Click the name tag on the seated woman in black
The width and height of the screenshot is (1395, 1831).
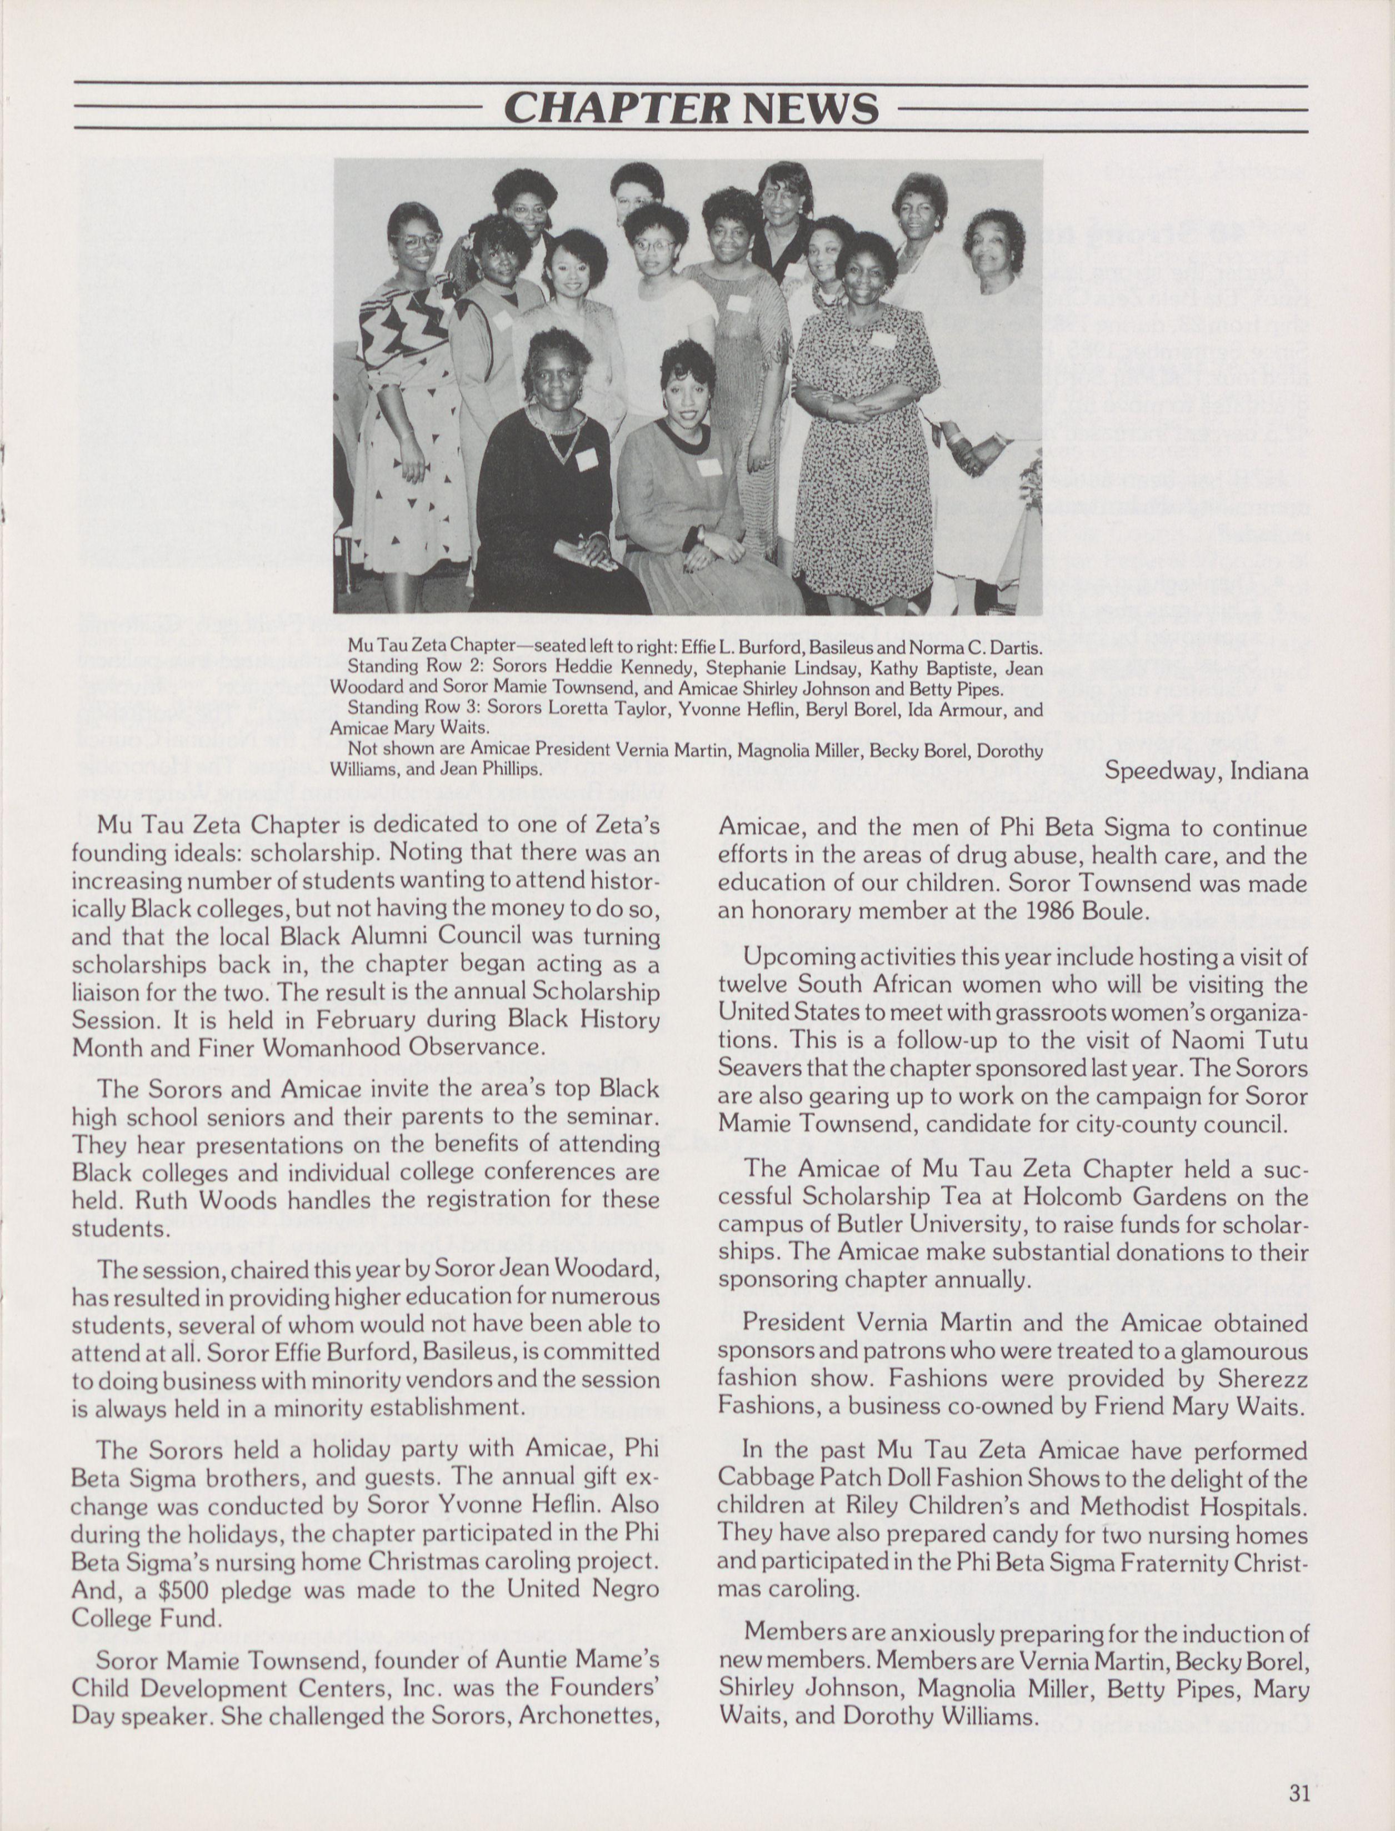586,458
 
